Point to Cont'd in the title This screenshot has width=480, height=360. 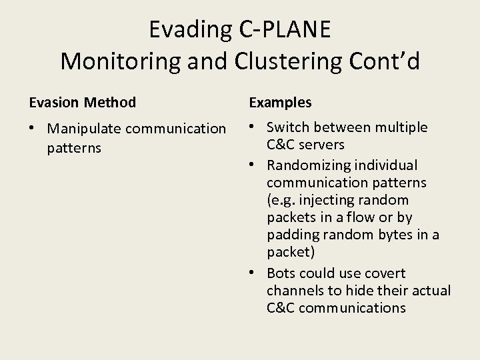click(387, 61)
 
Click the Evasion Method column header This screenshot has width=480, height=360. click(82, 103)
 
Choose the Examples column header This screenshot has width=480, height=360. click(280, 103)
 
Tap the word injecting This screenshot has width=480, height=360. click(325, 200)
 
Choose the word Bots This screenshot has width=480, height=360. click(281, 273)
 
